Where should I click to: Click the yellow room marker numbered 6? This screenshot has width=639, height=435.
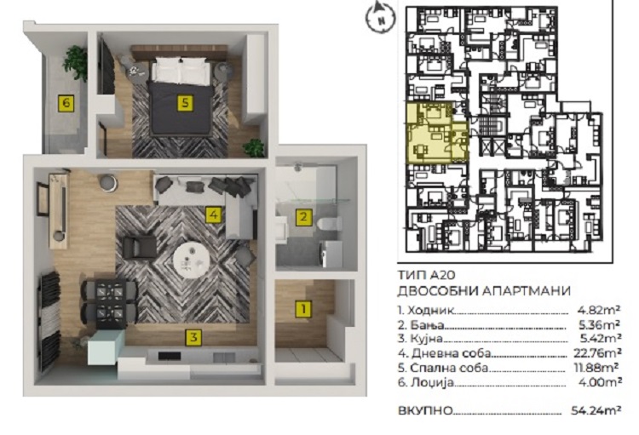click(x=66, y=103)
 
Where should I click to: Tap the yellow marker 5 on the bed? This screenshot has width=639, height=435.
click(x=185, y=103)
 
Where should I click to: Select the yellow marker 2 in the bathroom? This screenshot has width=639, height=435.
click(x=303, y=216)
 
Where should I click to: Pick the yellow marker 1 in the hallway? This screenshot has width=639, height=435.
click(x=303, y=309)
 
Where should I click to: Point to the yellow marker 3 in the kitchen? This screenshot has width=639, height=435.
click(x=193, y=337)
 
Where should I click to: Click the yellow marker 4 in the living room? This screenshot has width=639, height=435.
click(x=214, y=215)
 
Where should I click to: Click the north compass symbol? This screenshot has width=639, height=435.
click(x=380, y=18)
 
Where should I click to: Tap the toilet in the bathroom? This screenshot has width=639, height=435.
click(x=329, y=223)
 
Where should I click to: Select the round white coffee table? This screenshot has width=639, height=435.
click(x=192, y=261)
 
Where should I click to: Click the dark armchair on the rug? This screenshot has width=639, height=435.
click(x=140, y=247)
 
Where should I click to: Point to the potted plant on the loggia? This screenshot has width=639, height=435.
click(x=76, y=64)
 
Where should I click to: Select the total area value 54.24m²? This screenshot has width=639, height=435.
click(x=596, y=410)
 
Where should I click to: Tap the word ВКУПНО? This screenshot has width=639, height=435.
click(x=425, y=410)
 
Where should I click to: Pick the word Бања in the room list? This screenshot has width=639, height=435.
click(x=427, y=325)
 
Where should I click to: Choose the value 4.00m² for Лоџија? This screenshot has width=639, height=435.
click(x=601, y=382)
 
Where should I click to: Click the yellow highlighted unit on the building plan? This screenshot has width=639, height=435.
click(x=436, y=133)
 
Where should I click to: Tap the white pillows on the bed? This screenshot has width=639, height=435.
click(x=181, y=69)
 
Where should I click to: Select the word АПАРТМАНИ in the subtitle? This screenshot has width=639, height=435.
click(x=527, y=291)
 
